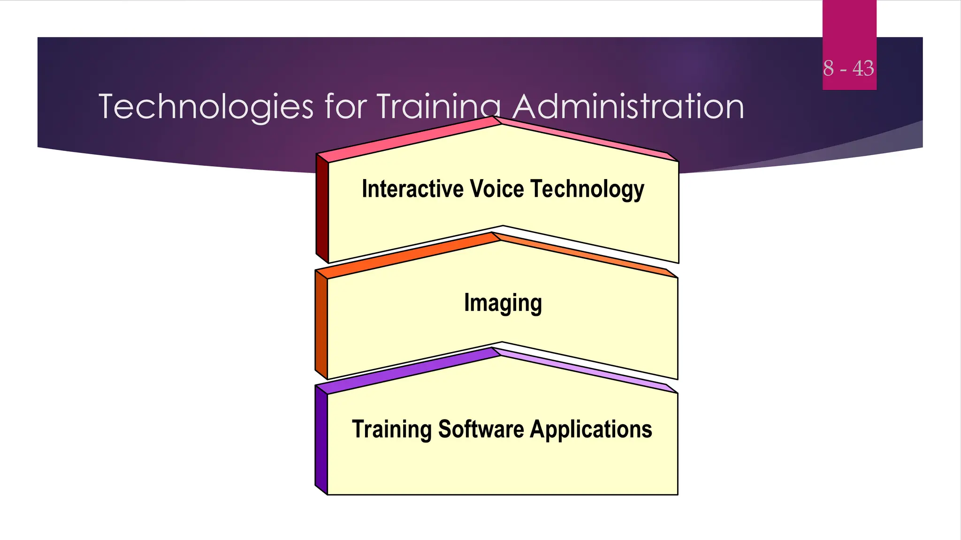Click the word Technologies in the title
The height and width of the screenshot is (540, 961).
(206, 107)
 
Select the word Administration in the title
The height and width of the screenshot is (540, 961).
(628, 107)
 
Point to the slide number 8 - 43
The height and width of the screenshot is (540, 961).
(848, 68)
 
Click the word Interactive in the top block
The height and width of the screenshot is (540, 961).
(412, 189)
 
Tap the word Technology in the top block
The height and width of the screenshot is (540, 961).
(587, 189)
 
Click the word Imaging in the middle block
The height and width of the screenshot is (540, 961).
(503, 303)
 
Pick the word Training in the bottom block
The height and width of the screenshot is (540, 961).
(392, 429)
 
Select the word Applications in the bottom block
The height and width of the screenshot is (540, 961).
(591, 429)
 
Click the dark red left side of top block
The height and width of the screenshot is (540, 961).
(322, 209)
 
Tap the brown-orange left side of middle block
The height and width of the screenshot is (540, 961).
(321, 324)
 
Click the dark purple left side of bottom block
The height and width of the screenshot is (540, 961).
(321, 440)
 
